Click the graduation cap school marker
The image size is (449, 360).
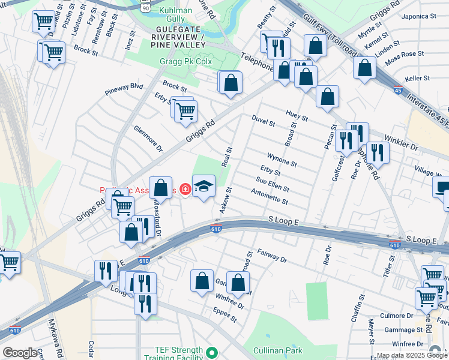tap(203, 187)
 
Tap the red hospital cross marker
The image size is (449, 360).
tap(185, 190)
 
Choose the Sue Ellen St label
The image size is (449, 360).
tap(273, 185)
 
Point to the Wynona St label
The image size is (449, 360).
tap(282, 160)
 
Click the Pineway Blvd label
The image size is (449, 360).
tap(124, 88)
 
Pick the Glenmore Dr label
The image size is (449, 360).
tap(148, 139)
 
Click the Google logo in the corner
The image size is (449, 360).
tap(20, 353)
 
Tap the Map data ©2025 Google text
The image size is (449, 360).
tap(411, 355)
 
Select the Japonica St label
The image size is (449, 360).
tap(419, 16)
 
